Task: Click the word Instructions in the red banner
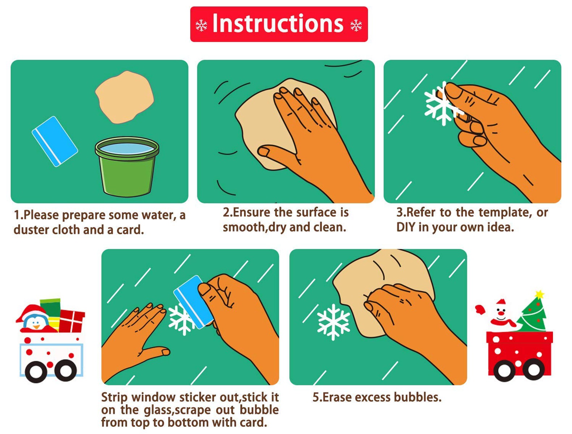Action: (x=278, y=24)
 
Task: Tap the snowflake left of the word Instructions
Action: (x=201, y=26)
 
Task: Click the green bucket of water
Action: (x=127, y=167)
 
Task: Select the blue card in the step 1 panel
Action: (x=55, y=141)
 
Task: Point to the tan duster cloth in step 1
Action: (x=125, y=97)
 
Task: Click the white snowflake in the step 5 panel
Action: (x=333, y=322)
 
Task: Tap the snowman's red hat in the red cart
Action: (x=501, y=303)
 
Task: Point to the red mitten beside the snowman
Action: (x=480, y=309)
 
